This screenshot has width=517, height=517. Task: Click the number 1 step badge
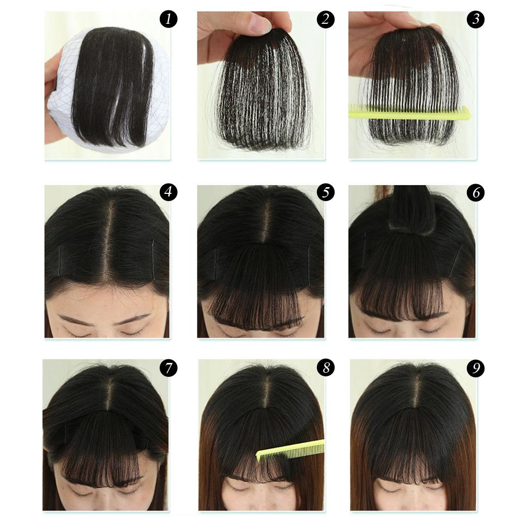[169, 20]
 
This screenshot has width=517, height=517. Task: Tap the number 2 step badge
[326, 20]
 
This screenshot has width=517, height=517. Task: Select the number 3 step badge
[475, 20]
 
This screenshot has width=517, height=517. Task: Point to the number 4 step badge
[169, 193]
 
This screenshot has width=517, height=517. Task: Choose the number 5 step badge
[326, 193]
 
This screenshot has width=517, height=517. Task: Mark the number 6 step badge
[475, 193]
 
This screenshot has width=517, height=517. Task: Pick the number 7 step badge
[169, 368]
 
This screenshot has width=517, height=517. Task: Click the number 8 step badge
[326, 368]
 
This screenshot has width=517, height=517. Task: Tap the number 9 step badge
[475, 368]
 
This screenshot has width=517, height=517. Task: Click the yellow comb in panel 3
[408, 112]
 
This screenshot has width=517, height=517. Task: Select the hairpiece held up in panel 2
[264, 93]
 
